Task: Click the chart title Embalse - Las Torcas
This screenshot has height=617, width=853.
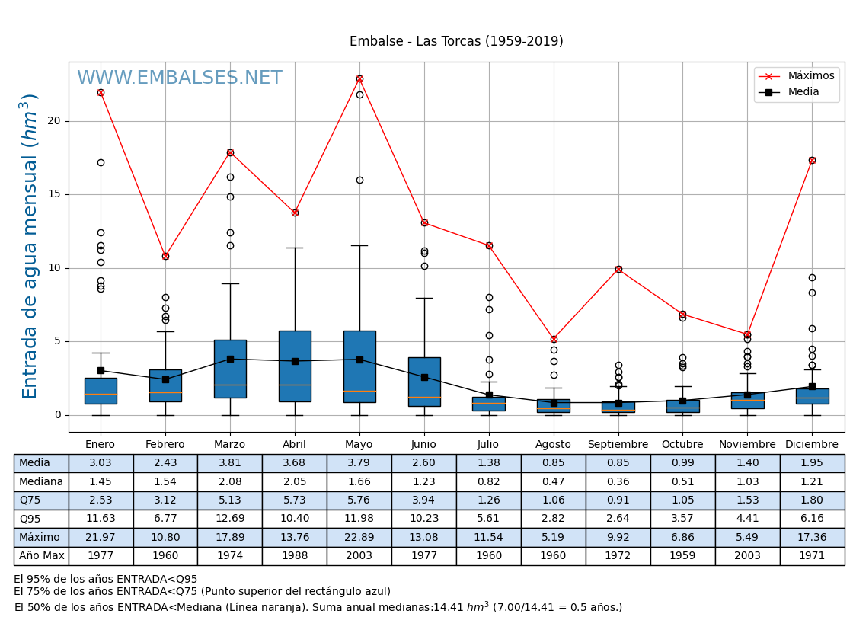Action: pyautogui.click(x=456, y=41)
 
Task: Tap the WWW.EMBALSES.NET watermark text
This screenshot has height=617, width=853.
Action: pyautogui.click(x=179, y=78)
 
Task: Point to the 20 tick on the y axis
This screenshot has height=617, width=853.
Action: pyautogui.click(x=54, y=120)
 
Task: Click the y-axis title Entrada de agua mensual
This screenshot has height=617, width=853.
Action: pyautogui.click(x=30, y=246)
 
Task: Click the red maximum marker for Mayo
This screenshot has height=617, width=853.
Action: pyautogui.click(x=359, y=78)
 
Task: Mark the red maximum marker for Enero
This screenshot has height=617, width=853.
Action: pyautogui.click(x=101, y=92)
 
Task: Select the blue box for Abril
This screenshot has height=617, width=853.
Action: pyautogui.click(x=295, y=366)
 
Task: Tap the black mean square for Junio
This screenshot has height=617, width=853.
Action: pyautogui.click(x=424, y=377)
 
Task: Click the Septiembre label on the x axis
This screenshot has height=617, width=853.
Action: pyautogui.click(x=618, y=445)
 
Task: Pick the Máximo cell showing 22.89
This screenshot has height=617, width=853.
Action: pyautogui.click(x=359, y=537)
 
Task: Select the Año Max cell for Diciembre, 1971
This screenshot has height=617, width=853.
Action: pyautogui.click(x=812, y=556)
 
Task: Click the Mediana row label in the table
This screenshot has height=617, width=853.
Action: pyautogui.click(x=41, y=481)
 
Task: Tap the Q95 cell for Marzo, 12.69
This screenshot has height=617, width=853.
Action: pyautogui.click(x=229, y=519)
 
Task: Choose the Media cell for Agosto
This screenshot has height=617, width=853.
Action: pyautogui.click(x=553, y=463)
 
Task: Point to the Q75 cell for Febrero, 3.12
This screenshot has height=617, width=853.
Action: pyautogui.click(x=165, y=500)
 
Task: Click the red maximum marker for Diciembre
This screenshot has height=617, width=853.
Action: pyautogui.click(x=812, y=160)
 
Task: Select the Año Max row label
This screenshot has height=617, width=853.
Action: pyautogui.click(x=41, y=556)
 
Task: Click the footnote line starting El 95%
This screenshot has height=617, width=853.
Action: pyautogui.click(x=106, y=579)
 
